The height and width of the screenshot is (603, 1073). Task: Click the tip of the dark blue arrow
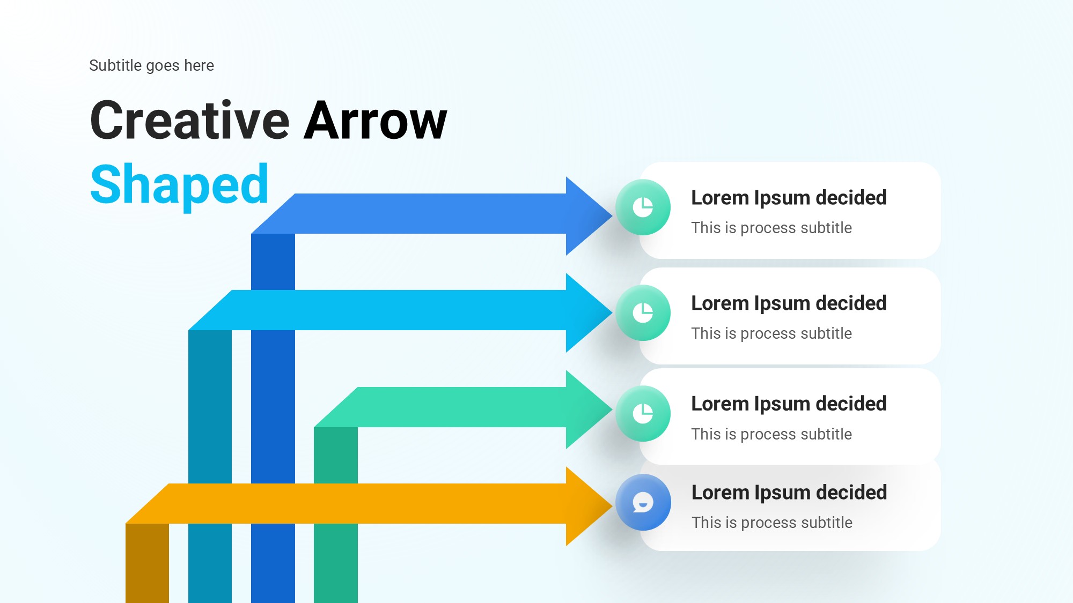pyautogui.click(x=612, y=215)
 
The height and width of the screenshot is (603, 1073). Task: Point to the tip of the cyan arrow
pyautogui.click(x=612, y=312)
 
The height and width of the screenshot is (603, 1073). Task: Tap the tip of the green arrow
pyautogui.click(x=612, y=410)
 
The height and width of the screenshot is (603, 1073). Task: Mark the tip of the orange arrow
pyautogui.click(x=612, y=506)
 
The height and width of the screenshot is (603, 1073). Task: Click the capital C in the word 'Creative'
pyautogui.click(x=109, y=121)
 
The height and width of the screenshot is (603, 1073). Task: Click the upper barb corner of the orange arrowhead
pyautogui.click(x=567, y=467)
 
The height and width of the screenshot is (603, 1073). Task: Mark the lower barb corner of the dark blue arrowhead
pyautogui.click(x=567, y=255)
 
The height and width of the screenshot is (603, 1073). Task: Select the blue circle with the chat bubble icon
pyautogui.click(x=643, y=502)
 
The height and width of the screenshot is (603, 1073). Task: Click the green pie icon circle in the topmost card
pyautogui.click(x=643, y=207)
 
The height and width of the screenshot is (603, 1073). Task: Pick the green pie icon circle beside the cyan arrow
pyautogui.click(x=643, y=312)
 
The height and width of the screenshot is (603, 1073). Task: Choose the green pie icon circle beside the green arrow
pyautogui.click(x=643, y=413)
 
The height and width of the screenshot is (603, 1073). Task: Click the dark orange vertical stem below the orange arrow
pyautogui.click(x=147, y=563)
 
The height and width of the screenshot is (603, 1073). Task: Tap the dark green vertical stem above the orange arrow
pyautogui.click(x=336, y=456)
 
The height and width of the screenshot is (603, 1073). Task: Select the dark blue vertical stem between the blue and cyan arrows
pyautogui.click(x=273, y=262)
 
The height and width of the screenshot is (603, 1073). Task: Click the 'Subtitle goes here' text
pyautogui.click(x=151, y=65)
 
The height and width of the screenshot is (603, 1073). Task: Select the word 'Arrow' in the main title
pyautogui.click(x=376, y=121)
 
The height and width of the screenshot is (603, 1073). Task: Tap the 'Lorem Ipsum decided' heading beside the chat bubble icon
pyautogui.click(x=789, y=493)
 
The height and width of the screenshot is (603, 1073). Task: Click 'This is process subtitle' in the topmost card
pyautogui.click(x=771, y=228)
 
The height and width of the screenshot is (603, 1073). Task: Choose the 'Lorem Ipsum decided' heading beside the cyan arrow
pyautogui.click(x=789, y=303)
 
